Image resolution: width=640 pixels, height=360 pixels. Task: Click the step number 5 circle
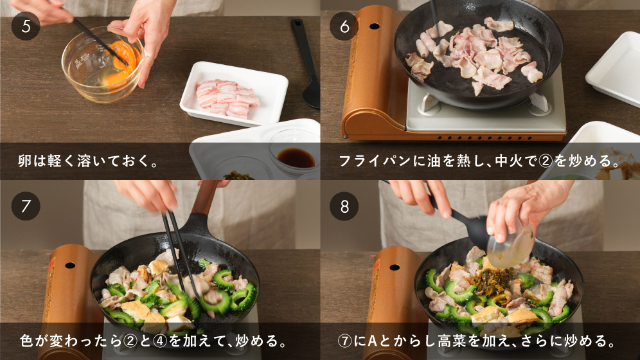[x=26, y=26]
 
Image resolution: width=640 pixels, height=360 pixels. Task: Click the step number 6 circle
[x=344, y=26]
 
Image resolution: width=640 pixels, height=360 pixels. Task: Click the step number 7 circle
[x=26, y=206]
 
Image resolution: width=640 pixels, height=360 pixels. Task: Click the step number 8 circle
[x=344, y=206]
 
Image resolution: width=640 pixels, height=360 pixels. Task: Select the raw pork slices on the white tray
[x=227, y=98]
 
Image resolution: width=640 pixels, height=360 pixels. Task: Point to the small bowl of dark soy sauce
[x=296, y=157]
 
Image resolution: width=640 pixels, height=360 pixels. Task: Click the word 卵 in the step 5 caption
[x=25, y=161]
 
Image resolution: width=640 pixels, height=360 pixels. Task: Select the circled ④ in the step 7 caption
[x=160, y=341]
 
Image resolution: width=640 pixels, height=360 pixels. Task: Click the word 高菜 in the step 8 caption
[x=452, y=341]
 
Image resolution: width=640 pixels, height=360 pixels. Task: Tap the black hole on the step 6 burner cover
[x=374, y=26]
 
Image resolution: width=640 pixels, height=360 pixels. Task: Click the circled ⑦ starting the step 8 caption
[x=345, y=341]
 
